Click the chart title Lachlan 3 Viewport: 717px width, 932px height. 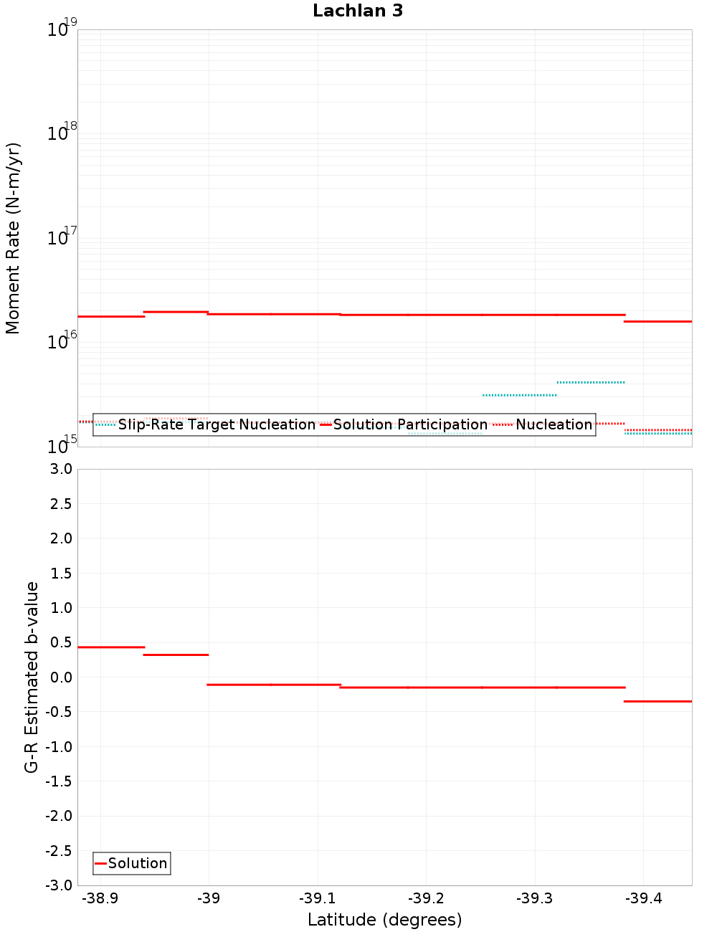(358, 11)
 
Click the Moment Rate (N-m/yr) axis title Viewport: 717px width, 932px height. (13, 238)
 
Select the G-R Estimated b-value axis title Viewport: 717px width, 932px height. (32, 677)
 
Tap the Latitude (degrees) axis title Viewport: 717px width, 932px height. (384, 920)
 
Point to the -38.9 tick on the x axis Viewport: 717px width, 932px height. (100, 898)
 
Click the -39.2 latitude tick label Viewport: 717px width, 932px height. (426, 898)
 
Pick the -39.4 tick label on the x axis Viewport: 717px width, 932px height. (643, 898)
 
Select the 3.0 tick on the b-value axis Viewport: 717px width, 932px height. (59, 469)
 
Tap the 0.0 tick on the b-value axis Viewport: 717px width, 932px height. (59, 677)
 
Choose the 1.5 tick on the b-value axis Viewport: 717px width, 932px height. (59, 573)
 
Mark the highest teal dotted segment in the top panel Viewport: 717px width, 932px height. (590, 382)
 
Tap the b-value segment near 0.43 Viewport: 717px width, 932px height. (111, 647)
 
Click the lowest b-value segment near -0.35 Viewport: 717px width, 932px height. (657, 701)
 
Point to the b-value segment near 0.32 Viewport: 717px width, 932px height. (176, 655)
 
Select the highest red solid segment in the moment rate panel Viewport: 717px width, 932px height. (176, 312)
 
